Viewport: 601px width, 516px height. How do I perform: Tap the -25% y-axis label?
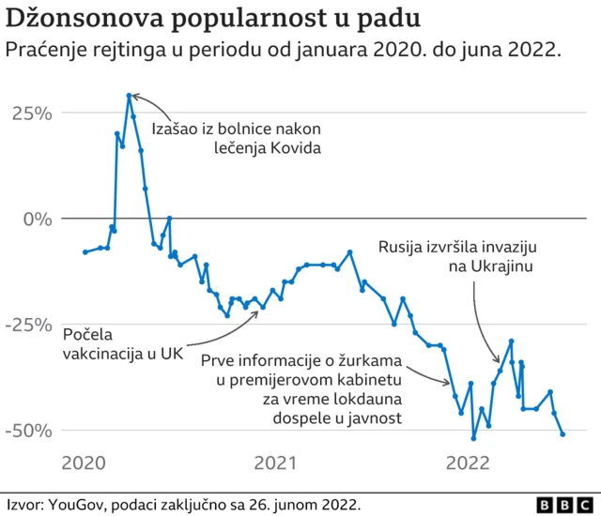26,325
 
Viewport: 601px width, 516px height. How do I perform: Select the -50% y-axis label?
26,431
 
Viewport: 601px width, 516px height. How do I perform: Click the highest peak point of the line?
129,95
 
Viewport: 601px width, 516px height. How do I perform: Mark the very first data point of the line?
85,252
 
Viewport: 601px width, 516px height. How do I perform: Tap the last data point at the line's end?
562,434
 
